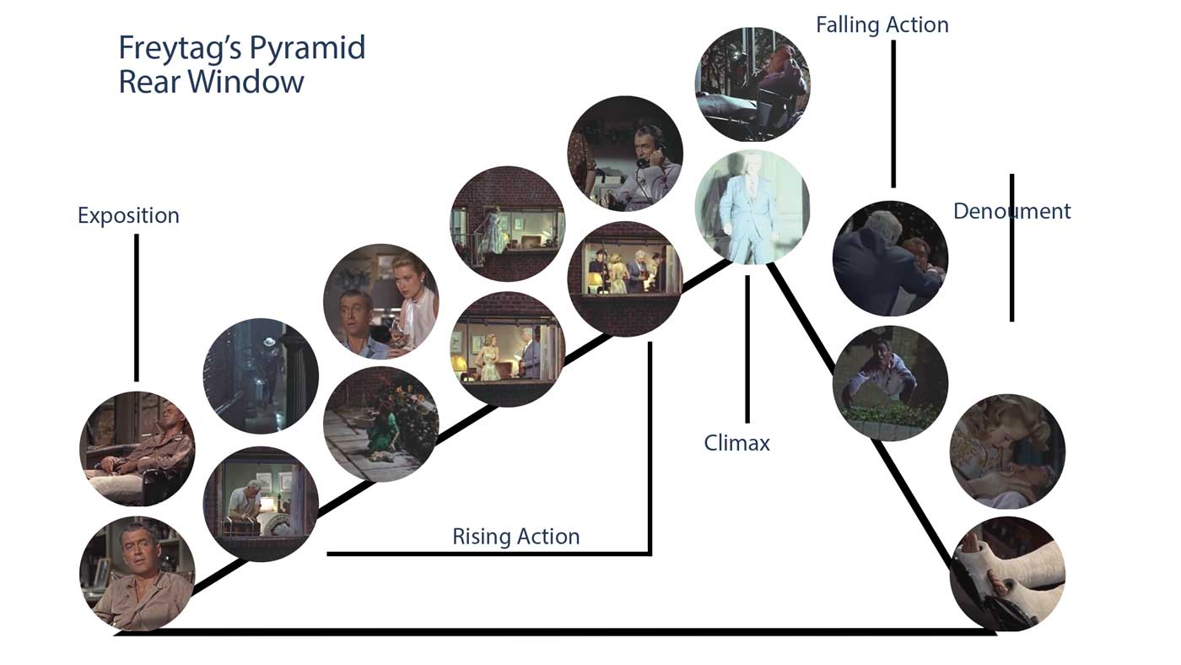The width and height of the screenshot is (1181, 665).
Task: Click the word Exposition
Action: (x=128, y=215)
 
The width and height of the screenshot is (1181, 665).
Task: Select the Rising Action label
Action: (x=515, y=537)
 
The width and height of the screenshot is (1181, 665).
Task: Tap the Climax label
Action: (x=736, y=443)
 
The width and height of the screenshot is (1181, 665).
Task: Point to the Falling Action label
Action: (x=882, y=25)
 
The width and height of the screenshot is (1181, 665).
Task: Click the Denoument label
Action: (x=1011, y=211)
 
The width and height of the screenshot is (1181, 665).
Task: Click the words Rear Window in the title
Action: (x=211, y=82)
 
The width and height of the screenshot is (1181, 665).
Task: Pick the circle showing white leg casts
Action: (x=1007, y=573)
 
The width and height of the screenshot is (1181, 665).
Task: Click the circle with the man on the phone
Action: (x=625, y=154)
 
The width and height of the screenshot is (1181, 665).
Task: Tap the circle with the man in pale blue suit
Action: (x=752, y=207)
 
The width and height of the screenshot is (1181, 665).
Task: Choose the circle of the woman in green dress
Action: (x=380, y=424)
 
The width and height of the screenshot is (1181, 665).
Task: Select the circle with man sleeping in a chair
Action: (x=138, y=448)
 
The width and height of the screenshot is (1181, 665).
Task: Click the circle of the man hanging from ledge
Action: (x=890, y=382)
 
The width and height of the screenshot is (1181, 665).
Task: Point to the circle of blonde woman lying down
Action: (x=1007, y=451)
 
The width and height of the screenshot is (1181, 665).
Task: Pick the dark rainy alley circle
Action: (x=261, y=376)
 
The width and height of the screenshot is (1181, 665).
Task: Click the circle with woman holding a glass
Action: (x=380, y=301)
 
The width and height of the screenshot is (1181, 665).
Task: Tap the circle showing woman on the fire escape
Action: (x=507, y=224)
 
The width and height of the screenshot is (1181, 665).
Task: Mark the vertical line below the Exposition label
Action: (x=137, y=307)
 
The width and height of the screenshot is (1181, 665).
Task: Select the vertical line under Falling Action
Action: (x=893, y=113)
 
